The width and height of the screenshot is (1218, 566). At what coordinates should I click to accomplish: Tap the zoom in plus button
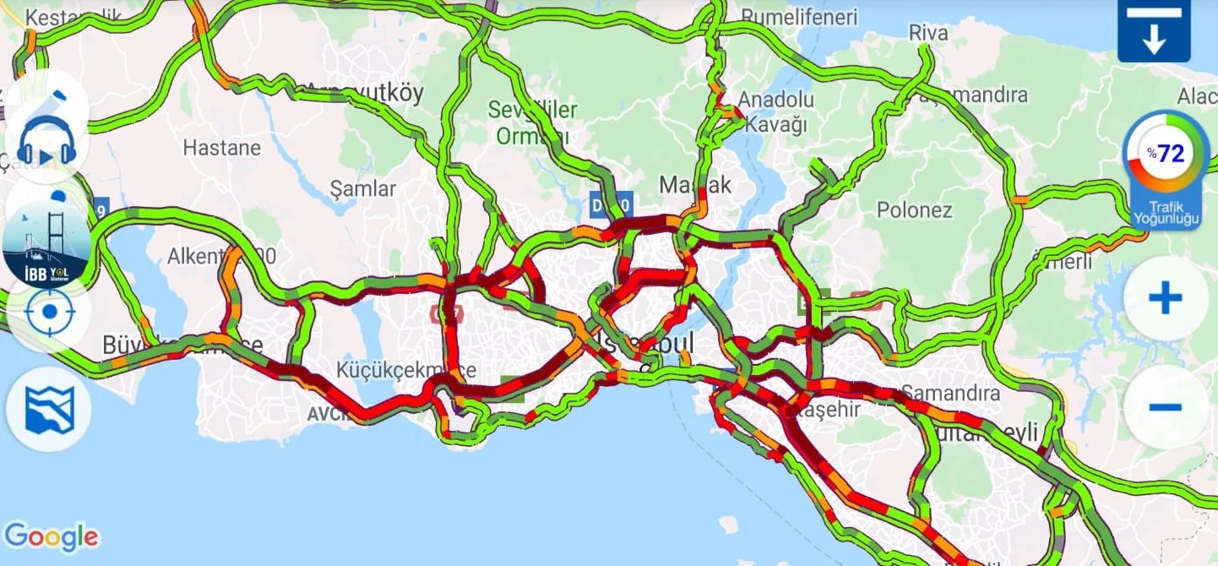1165,298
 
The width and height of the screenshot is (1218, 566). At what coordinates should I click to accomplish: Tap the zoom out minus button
1165,407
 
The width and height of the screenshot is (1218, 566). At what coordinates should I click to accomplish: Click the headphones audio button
47,141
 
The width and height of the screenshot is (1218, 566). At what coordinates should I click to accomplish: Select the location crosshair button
49,312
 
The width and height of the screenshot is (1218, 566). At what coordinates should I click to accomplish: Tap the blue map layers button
49,410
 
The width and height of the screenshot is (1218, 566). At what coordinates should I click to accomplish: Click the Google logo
51,536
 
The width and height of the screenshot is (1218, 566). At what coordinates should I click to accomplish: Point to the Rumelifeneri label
798,17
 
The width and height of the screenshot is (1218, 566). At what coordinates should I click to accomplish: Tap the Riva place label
928,34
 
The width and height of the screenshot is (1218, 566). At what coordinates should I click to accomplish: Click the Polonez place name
914,210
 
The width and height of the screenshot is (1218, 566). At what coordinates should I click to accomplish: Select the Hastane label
222,148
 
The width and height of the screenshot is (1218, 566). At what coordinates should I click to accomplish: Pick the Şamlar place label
362,188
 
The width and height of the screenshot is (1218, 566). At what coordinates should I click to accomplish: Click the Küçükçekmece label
406,370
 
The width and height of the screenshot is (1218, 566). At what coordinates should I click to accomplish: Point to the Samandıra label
950,393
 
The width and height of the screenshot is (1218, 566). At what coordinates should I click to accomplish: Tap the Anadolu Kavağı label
775,112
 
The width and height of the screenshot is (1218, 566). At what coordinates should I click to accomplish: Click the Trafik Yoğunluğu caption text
1165,213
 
